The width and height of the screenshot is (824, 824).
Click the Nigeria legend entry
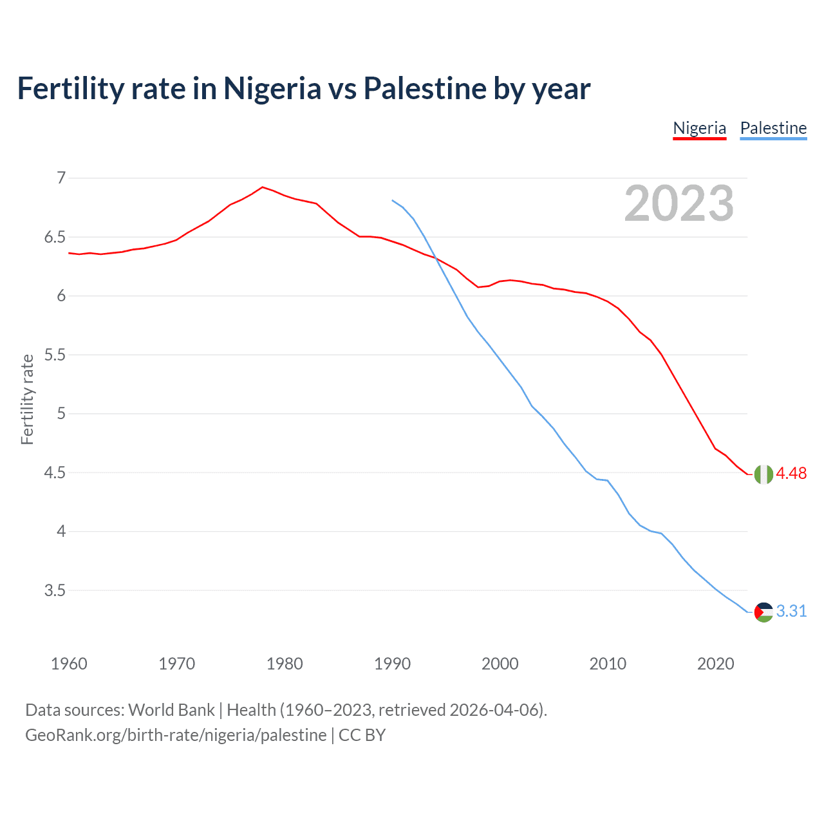coord(699,128)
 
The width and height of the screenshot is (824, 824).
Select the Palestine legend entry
coord(773,128)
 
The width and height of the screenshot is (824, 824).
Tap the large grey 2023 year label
coord(679,203)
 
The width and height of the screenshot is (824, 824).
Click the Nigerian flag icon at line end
coord(763,474)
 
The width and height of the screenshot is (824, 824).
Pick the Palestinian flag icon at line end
coord(763,612)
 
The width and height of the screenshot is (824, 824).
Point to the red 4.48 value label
coord(791,474)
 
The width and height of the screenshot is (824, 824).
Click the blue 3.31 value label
coord(791,612)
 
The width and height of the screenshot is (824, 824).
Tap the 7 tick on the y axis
coord(61,178)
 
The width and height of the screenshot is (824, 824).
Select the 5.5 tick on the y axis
coord(55,355)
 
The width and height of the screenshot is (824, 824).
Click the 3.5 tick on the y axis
coord(55,590)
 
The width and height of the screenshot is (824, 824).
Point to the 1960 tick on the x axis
coord(69,664)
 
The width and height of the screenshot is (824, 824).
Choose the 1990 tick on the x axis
coord(392,664)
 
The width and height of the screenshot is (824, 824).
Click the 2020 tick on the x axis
coord(715,664)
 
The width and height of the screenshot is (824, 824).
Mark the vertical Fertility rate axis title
coord(27,399)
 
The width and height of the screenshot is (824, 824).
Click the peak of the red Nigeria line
coord(262,187)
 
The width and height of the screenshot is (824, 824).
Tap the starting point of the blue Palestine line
coord(393,200)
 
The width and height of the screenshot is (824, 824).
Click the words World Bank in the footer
coord(171,710)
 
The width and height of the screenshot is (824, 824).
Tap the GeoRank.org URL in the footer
coord(176,735)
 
